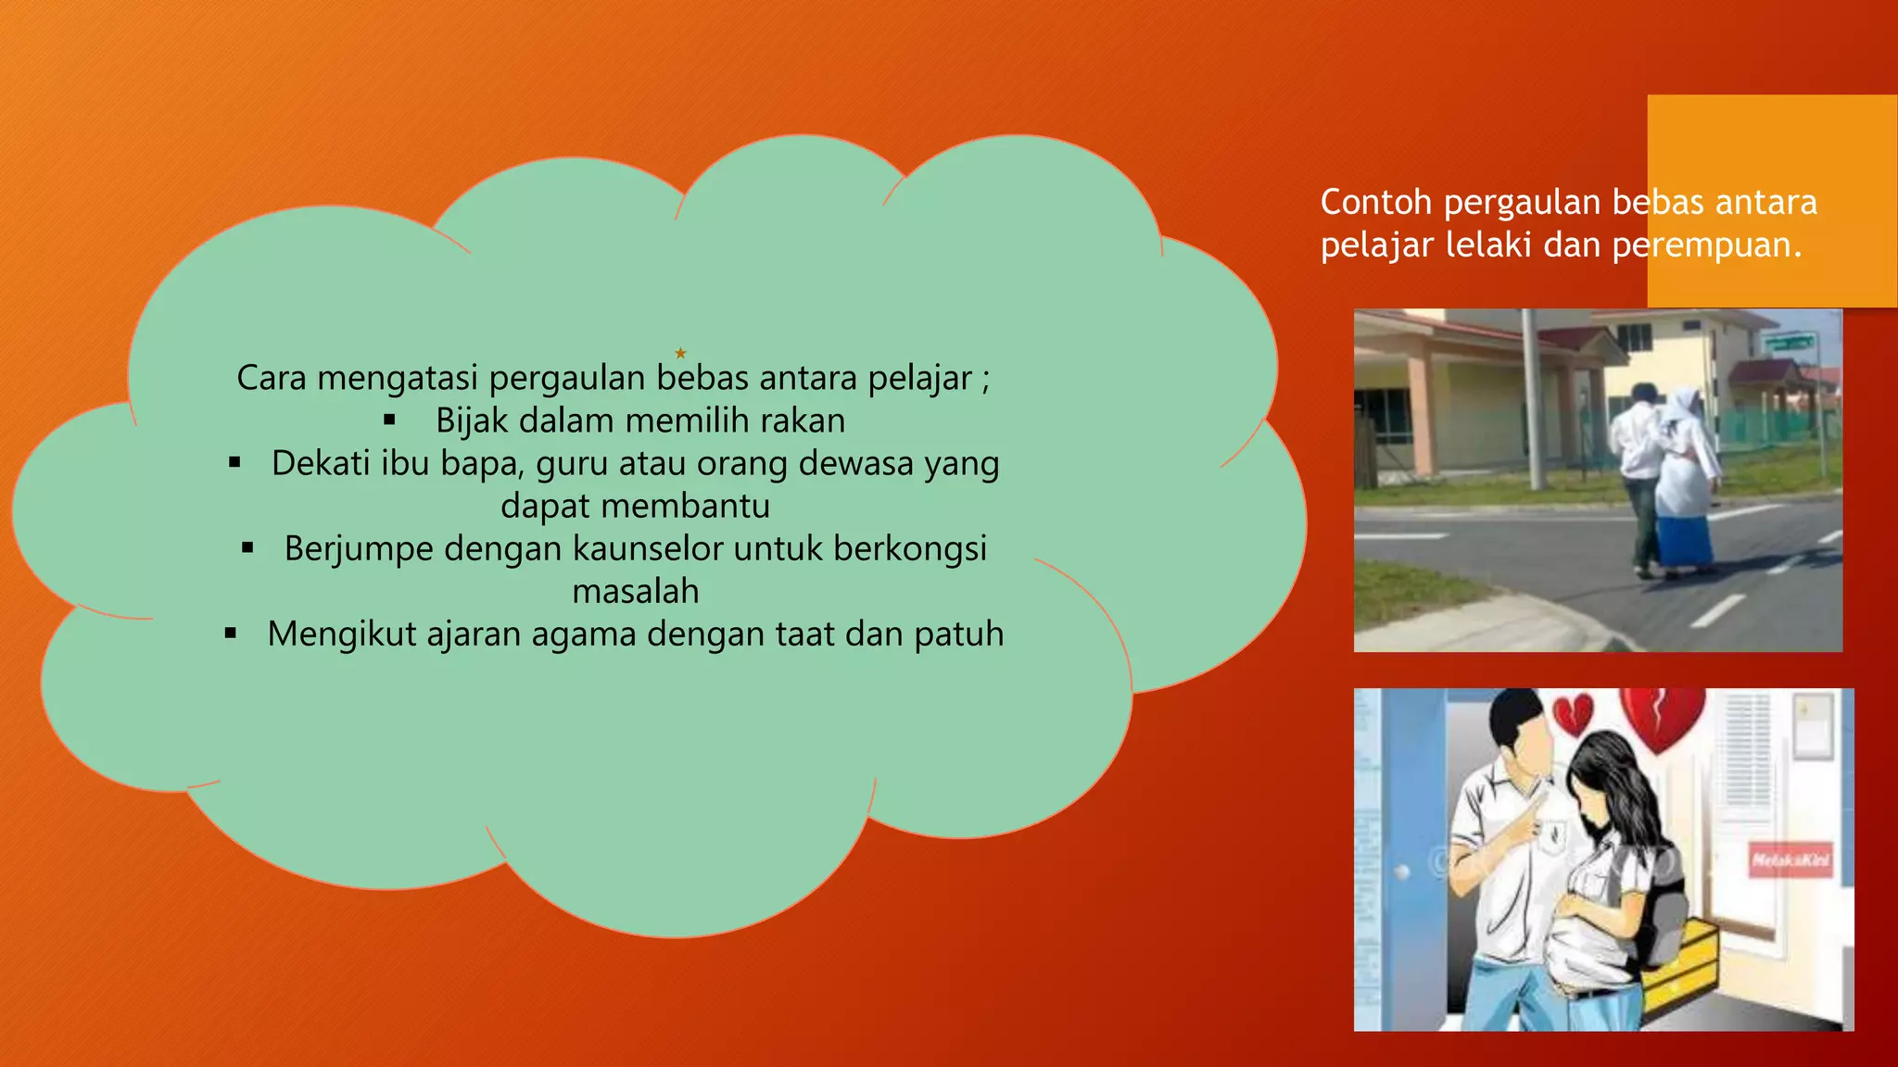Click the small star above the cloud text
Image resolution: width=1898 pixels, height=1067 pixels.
pyautogui.click(x=680, y=353)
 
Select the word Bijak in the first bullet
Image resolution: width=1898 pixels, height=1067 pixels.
pyautogui.click(x=472, y=421)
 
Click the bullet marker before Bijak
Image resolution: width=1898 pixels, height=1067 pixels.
pyautogui.click(x=389, y=421)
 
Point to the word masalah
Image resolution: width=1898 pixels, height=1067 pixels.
pyautogui.click(x=636, y=592)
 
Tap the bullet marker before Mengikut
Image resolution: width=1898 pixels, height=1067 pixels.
pyautogui.click(x=231, y=634)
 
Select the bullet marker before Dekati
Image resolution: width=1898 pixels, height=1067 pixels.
pyautogui.click(x=235, y=462)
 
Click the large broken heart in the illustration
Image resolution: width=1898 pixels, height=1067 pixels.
pyautogui.click(x=1664, y=719)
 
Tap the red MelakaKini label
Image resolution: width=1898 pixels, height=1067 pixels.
pyautogui.click(x=1790, y=860)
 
